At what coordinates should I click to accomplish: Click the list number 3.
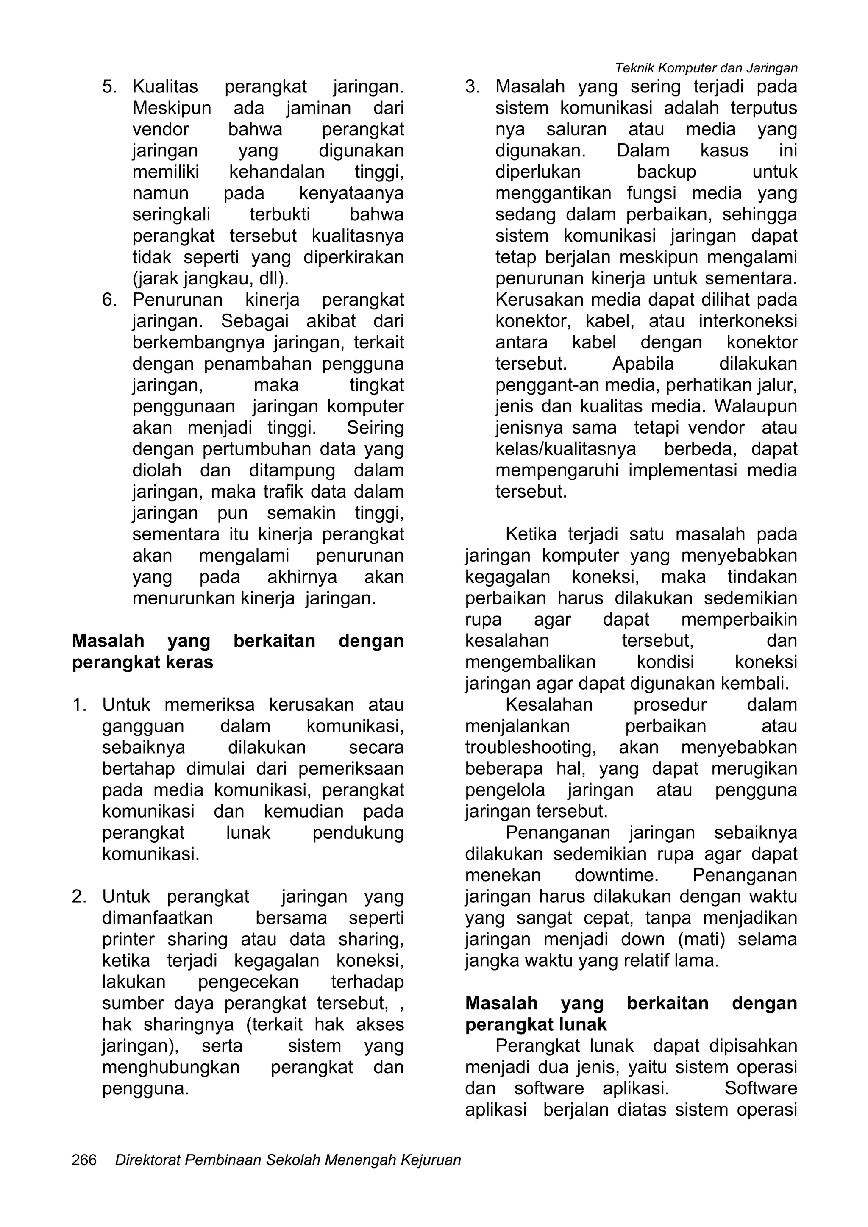coord(472,86)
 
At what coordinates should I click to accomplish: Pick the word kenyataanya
coord(351,193)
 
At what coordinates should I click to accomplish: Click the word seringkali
coord(171,215)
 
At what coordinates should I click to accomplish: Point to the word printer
coord(128,940)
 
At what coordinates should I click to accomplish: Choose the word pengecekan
coord(248,982)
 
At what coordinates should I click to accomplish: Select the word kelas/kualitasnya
coord(565,449)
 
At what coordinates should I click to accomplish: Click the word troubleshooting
coord(530,748)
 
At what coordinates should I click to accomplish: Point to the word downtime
coord(616,875)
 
